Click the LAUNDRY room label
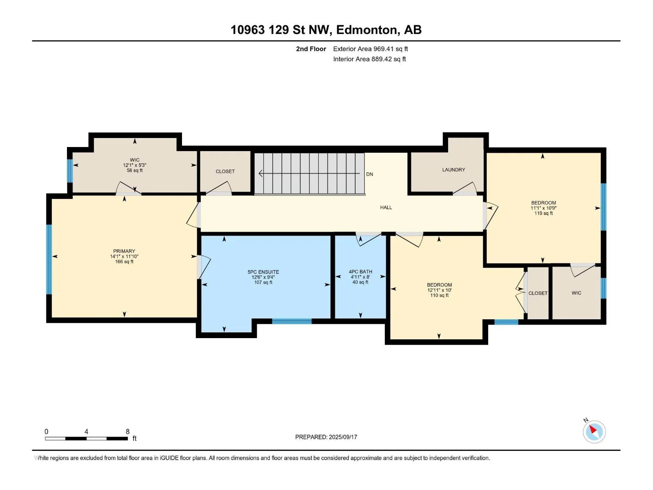(x=453, y=169)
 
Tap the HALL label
(x=386, y=207)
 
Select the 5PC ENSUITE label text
(x=263, y=272)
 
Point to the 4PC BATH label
(x=360, y=272)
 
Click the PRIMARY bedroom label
(x=124, y=251)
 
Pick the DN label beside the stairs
(x=369, y=174)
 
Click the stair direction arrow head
(x=261, y=173)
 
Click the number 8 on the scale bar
(x=128, y=431)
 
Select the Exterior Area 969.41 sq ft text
(x=371, y=49)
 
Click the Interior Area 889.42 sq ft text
(x=369, y=59)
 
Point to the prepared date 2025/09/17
(x=343, y=437)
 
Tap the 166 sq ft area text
(x=124, y=261)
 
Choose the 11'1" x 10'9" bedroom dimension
(x=543, y=208)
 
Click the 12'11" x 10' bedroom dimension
(x=439, y=290)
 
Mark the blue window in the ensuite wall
(x=291, y=321)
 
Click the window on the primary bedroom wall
(x=49, y=259)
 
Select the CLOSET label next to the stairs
(x=225, y=171)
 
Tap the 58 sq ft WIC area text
(x=134, y=170)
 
